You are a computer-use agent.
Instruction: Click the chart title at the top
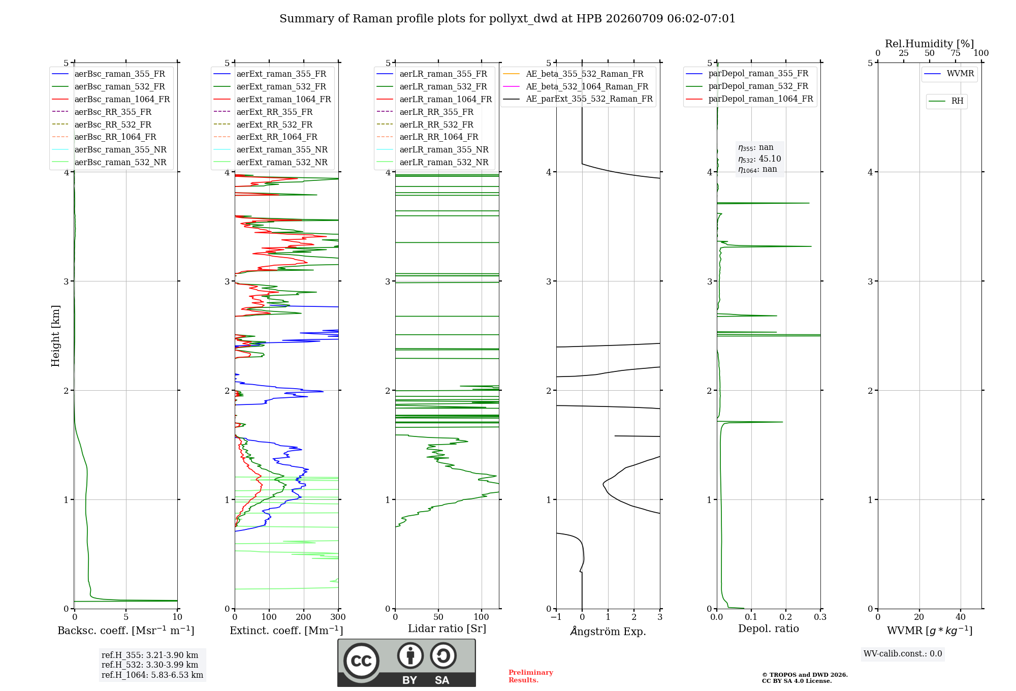point(507,19)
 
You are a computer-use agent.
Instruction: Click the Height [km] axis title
point(55,336)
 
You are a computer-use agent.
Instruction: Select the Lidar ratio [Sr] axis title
point(447,629)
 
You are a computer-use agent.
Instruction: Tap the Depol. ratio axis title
point(769,629)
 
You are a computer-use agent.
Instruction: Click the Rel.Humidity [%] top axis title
point(930,44)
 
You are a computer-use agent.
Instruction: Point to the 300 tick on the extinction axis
point(338,617)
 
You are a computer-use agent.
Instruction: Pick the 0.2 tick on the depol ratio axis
point(786,617)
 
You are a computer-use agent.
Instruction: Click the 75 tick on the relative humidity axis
point(956,53)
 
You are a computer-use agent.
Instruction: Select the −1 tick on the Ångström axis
point(556,617)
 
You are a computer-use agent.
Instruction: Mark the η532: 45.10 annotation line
point(759,159)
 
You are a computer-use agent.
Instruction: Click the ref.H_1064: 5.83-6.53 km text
point(152,675)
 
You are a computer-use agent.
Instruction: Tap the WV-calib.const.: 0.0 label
point(903,653)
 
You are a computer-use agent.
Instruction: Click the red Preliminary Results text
point(531,676)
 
